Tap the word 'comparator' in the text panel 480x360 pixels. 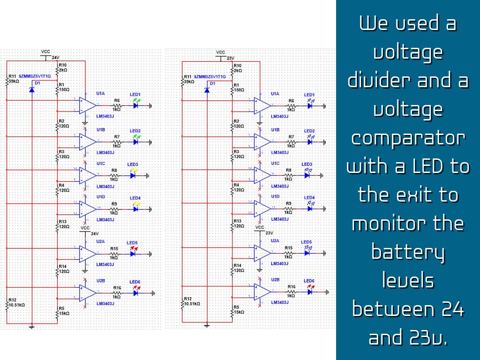(x=408, y=138)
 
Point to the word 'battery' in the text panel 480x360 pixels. (x=408, y=252)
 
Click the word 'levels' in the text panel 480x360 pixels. (x=408, y=281)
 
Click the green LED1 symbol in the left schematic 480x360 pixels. (x=135, y=106)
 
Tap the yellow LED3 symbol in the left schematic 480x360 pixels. (x=133, y=176)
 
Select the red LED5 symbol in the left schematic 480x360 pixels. (x=133, y=254)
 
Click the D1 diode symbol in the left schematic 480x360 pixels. (x=31, y=89)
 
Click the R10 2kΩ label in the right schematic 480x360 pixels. (x=237, y=68)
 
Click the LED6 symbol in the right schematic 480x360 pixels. (x=309, y=292)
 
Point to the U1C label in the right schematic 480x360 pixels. (x=275, y=164)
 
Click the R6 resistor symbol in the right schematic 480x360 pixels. (x=292, y=106)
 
